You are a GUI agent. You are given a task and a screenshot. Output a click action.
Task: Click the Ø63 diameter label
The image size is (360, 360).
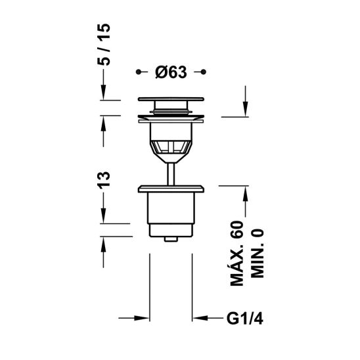pyautogui.click(x=171, y=72)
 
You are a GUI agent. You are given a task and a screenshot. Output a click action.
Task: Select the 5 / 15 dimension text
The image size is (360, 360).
pyautogui.click(x=104, y=45)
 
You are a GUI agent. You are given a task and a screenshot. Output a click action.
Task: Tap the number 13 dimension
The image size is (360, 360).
pyautogui.click(x=104, y=180)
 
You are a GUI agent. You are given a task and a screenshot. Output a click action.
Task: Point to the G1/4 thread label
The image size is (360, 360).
pyautogui.click(x=245, y=319)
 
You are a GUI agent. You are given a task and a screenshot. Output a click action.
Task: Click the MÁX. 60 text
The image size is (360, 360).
pyautogui.click(x=236, y=254)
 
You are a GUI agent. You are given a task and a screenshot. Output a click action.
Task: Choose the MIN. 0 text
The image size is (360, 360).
pyautogui.click(x=258, y=253)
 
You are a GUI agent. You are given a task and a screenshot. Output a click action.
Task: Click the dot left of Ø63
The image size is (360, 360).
pyautogui.click(x=138, y=72)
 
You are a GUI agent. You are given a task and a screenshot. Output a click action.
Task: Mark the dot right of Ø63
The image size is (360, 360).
pyautogui.click(x=204, y=72)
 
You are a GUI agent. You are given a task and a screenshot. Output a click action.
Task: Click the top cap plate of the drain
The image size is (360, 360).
pyautogui.click(x=171, y=99)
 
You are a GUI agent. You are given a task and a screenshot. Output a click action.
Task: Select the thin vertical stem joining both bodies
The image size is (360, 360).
pyautogui.click(x=171, y=174)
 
